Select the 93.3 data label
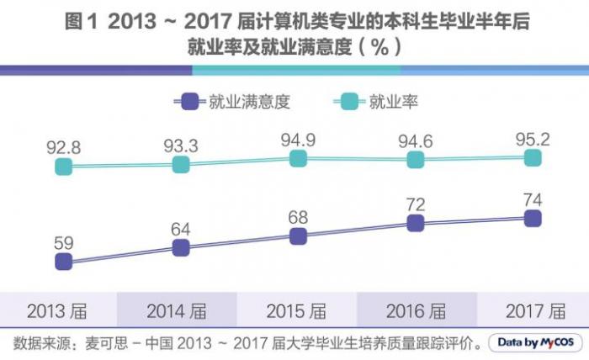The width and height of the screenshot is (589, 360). (180, 146)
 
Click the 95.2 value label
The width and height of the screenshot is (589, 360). (532, 138)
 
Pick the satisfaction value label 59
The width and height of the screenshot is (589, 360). (63, 243)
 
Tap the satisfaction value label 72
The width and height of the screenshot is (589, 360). (414, 204)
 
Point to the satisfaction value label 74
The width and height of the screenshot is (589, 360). (532, 199)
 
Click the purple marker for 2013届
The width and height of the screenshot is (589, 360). (63, 262)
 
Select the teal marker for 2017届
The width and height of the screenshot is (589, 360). (532, 157)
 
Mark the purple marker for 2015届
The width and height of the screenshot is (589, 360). (297, 236)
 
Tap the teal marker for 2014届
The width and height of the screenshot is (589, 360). (180, 165)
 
